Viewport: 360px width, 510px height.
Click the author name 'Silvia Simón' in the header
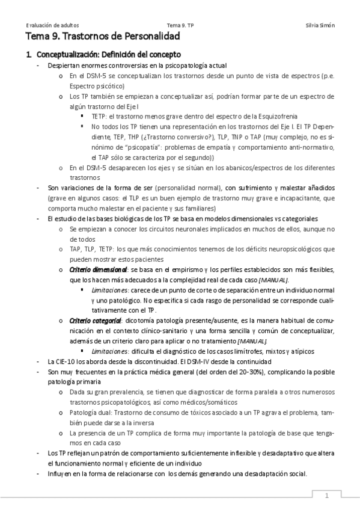(x=320, y=25)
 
